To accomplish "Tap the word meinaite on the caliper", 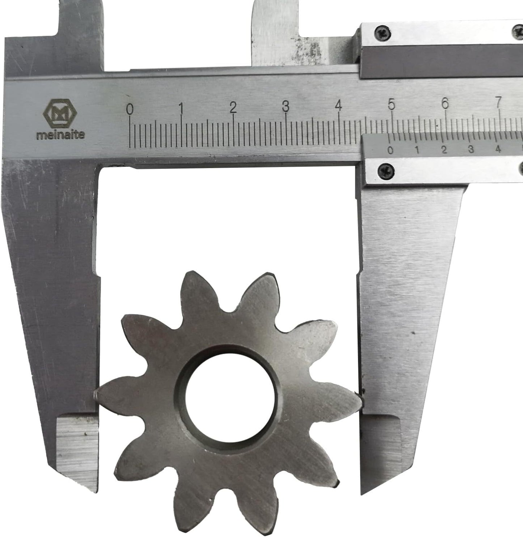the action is click(60, 135).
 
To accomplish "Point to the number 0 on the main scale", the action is click(130, 109).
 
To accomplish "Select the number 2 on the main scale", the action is click(233, 108).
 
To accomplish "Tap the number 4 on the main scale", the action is click(338, 105).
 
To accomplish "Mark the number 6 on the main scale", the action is click(445, 103).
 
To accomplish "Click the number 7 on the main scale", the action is click(498, 103).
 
